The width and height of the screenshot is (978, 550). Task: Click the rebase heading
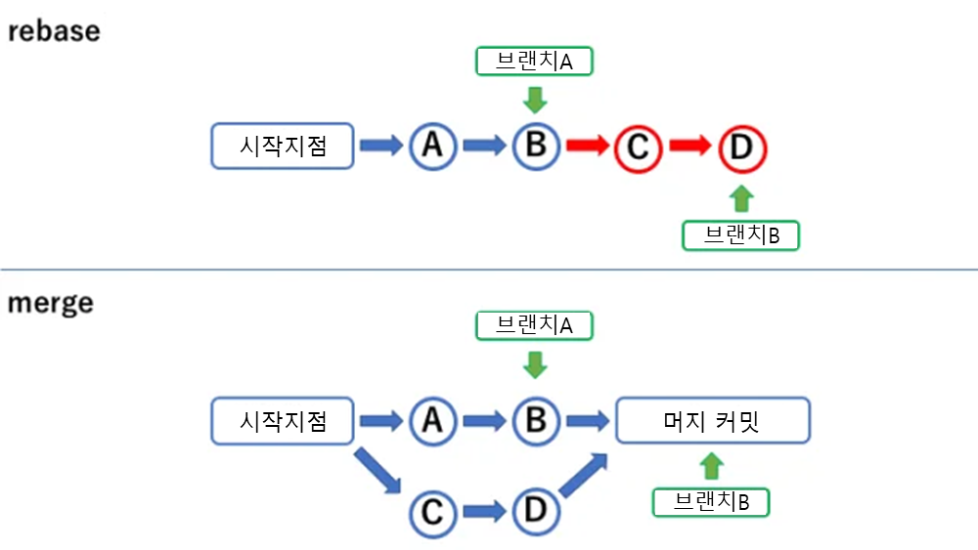click(x=54, y=30)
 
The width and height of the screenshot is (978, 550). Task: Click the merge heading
click(x=51, y=303)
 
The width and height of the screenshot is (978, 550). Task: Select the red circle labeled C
click(x=638, y=148)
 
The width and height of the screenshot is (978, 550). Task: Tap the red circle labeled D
click(x=741, y=148)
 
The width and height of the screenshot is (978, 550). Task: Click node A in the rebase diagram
click(x=432, y=147)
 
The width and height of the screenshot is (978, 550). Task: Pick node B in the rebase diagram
click(x=536, y=147)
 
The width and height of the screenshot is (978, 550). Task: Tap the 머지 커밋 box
click(x=713, y=422)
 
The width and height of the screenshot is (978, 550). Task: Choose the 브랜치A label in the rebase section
click(x=535, y=62)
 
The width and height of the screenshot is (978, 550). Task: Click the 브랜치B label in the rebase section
click(x=741, y=235)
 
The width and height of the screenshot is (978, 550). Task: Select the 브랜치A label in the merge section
click(x=535, y=325)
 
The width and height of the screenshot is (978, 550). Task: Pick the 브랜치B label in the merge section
click(x=711, y=502)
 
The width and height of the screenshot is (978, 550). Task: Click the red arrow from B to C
click(x=587, y=147)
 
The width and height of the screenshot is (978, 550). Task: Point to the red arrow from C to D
click(x=690, y=147)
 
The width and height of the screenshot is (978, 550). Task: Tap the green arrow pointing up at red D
click(x=742, y=198)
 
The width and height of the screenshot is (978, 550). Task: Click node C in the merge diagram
click(x=432, y=511)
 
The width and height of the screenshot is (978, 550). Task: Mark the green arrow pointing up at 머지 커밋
click(x=712, y=465)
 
